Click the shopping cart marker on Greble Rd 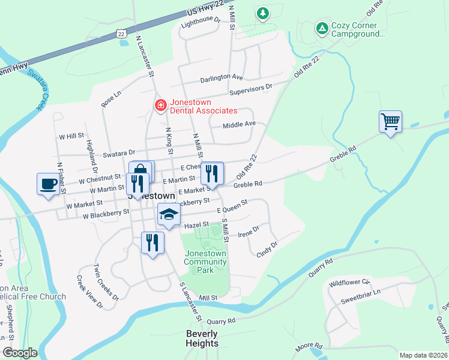[x=390, y=122]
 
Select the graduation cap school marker [x=169, y=215]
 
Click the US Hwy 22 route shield [x=122, y=35]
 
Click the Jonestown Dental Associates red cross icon [x=160, y=106]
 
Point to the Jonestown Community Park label [x=205, y=262]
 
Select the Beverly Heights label [x=202, y=339]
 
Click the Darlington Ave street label [x=221, y=78]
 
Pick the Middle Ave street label [x=239, y=124]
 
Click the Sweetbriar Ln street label [x=360, y=293]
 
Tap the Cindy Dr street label [x=267, y=248]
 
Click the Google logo [x=20, y=353]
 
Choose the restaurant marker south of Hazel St [x=152, y=243]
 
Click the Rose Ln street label [x=112, y=98]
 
